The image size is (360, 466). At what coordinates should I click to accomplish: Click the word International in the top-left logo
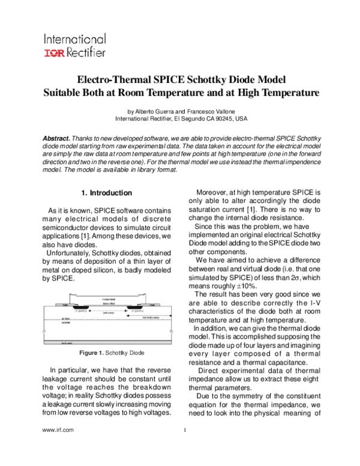click(x=74, y=40)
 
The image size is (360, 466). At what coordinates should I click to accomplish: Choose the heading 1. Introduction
click(x=106, y=193)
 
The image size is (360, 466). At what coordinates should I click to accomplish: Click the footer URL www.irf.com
click(x=58, y=430)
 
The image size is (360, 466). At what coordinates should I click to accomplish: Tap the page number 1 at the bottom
click(x=185, y=430)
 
